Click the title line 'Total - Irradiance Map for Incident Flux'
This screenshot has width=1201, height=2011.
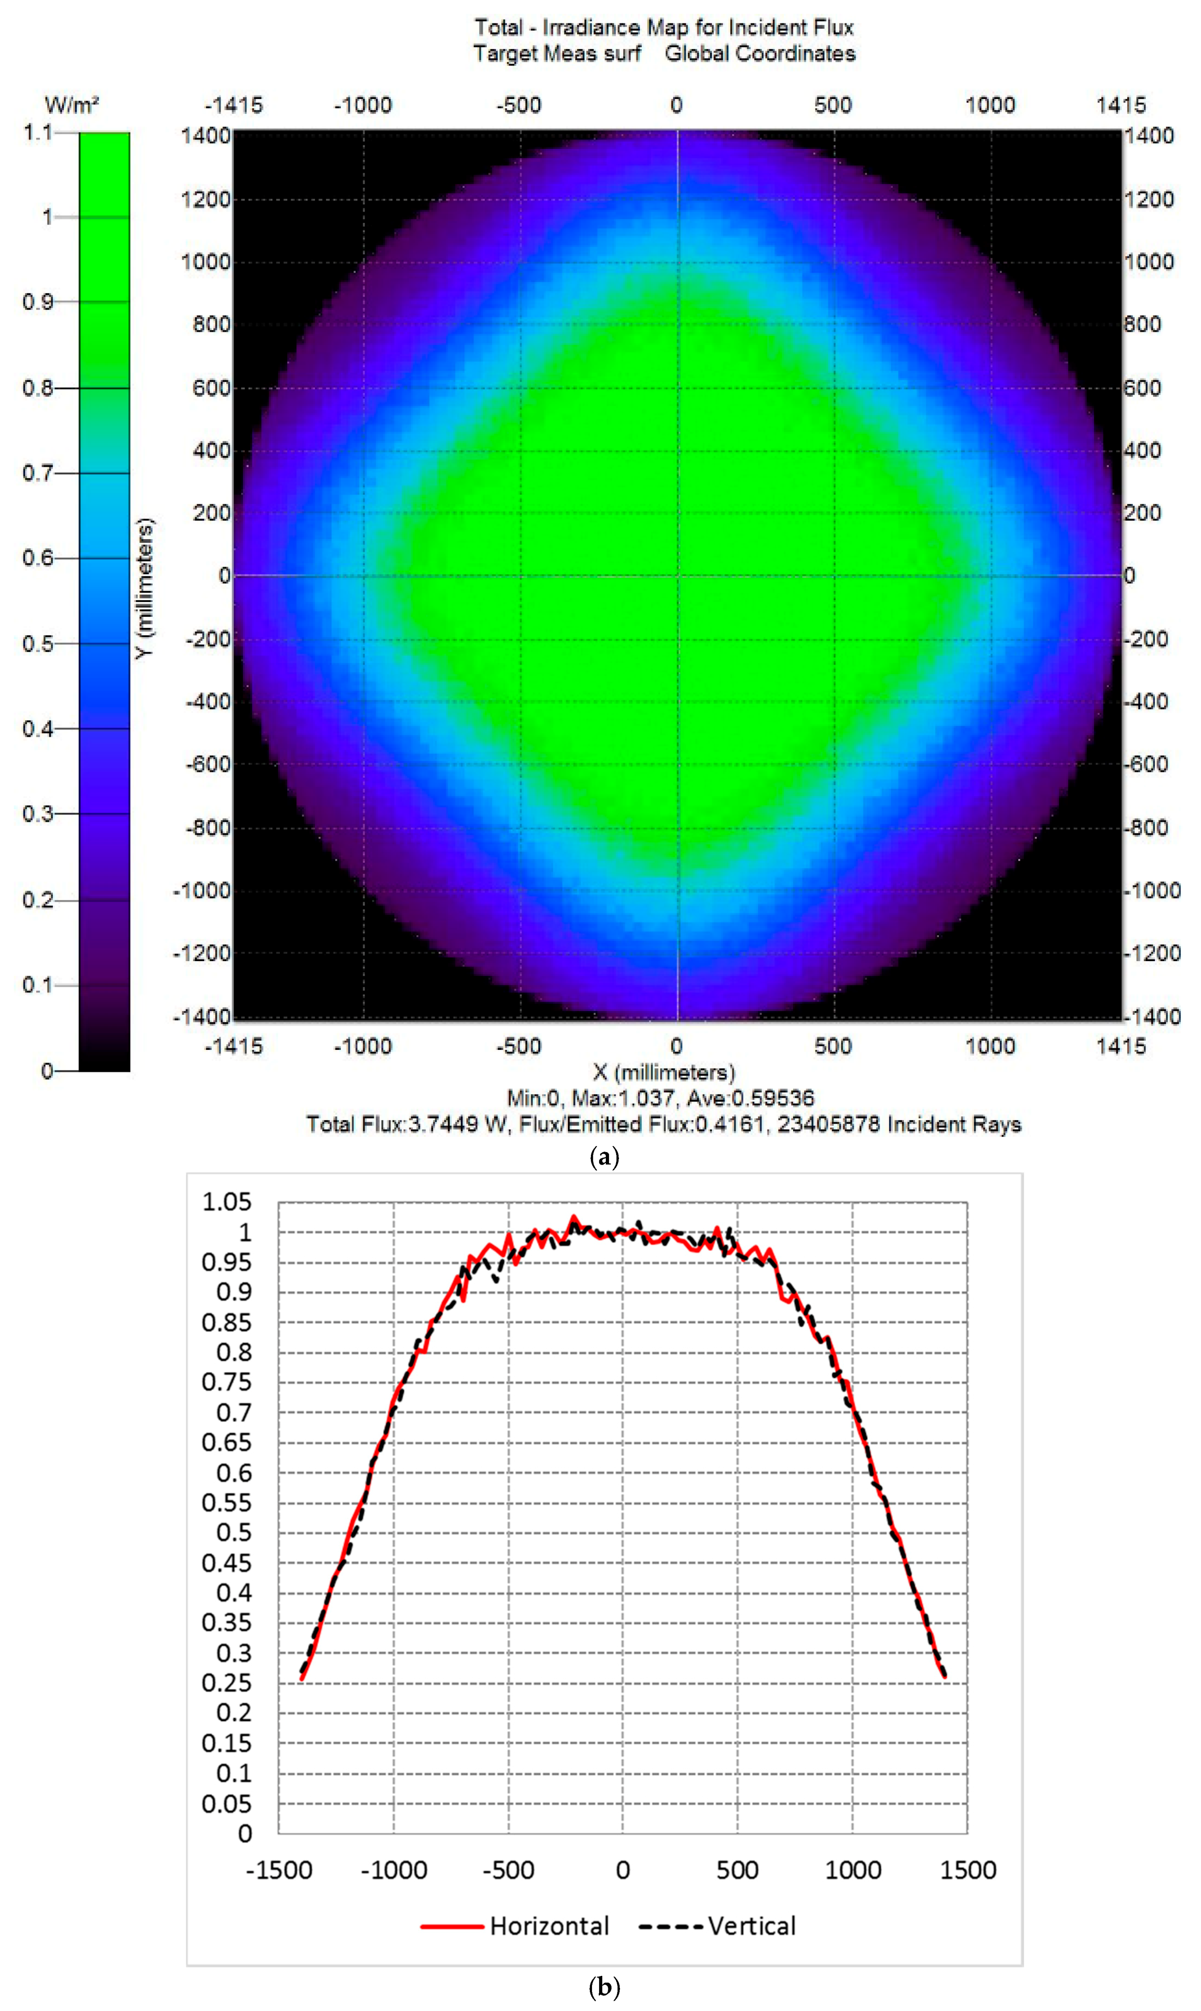tap(664, 28)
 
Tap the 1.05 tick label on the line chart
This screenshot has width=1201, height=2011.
tap(227, 1202)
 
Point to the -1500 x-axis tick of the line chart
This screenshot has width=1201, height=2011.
tap(278, 1870)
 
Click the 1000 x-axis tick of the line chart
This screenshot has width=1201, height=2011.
tap(852, 1870)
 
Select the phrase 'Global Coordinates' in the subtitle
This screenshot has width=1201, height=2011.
tap(760, 53)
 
